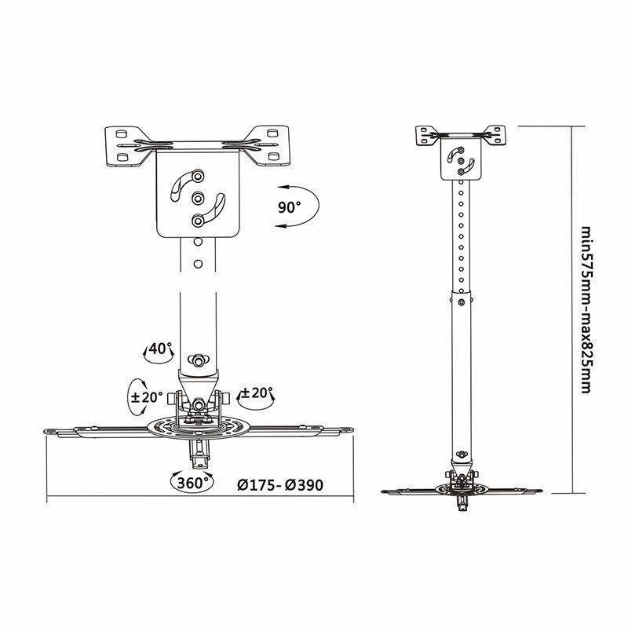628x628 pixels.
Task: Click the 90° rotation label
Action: pyautogui.click(x=289, y=207)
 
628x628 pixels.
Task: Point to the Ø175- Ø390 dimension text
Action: pyautogui.click(x=280, y=484)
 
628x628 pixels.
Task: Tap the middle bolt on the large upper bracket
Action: pyautogui.click(x=198, y=198)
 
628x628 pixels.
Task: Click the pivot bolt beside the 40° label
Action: pyautogui.click(x=198, y=359)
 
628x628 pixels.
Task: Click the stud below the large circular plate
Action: pyautogui.click(x=198, y=452)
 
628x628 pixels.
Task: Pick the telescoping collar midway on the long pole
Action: pyautogui.click(x=461, y=298)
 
